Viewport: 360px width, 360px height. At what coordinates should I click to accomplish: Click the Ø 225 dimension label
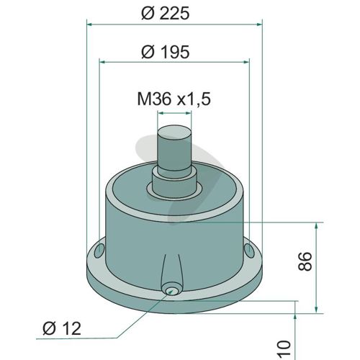pyautogui.click(x=166, y=13)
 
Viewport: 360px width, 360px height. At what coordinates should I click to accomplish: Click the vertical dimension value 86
pyautogui.click(x=305, y=261)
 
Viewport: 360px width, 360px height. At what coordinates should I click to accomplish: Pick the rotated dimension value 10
pyautogui.click(x=284, y=348)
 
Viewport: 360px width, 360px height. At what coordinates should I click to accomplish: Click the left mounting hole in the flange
pyautogui.click(x=99, y=251)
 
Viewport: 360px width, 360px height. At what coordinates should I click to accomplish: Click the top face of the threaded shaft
pyautogui.click(x=174, y=132)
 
